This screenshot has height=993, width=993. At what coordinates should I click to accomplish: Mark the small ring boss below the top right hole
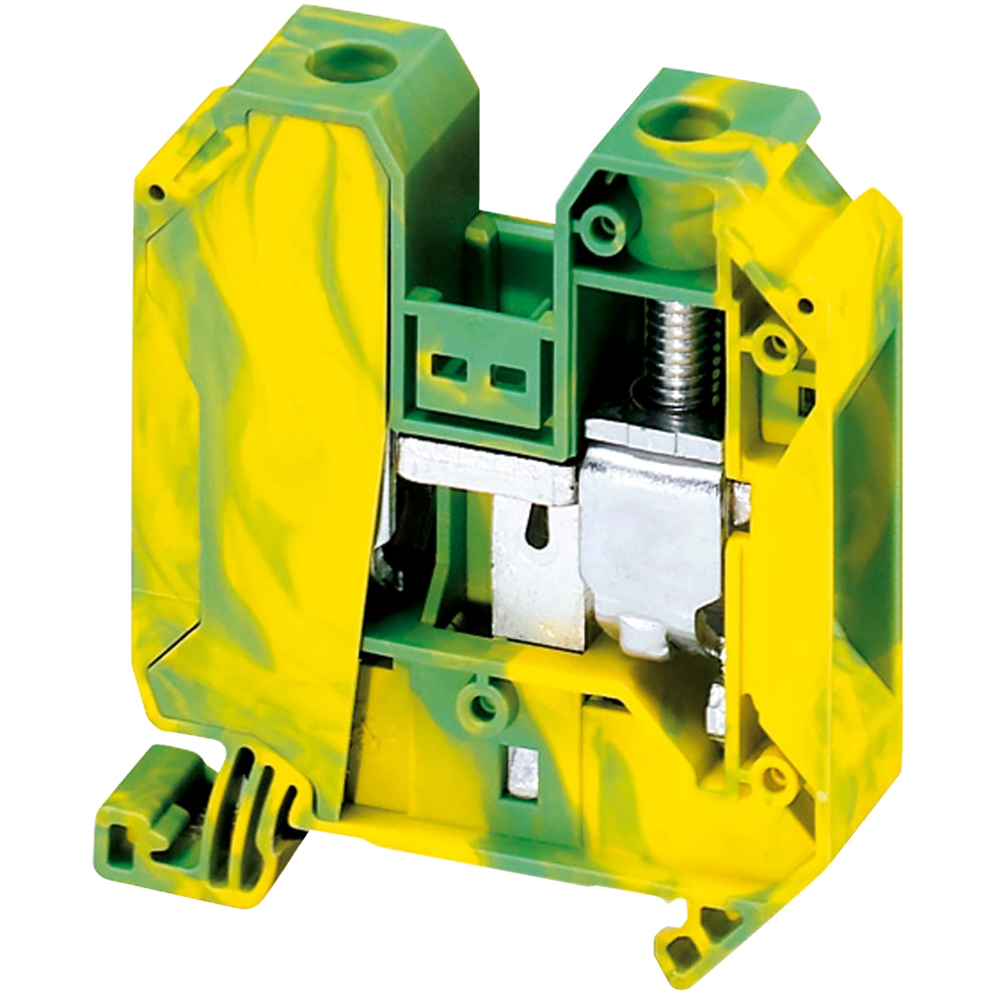point(606,224)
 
